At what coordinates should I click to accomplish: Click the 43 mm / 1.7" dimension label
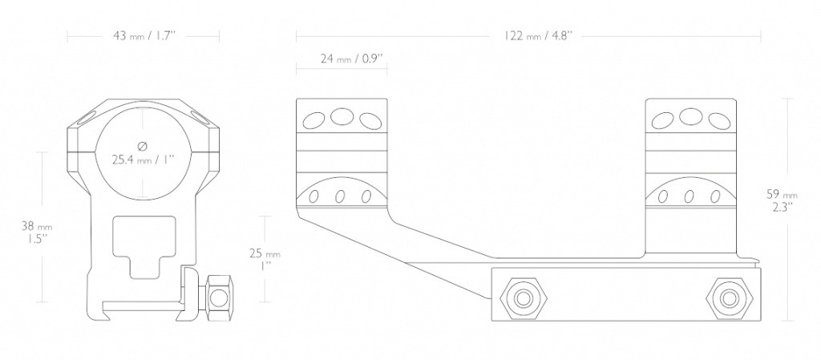point(144,36)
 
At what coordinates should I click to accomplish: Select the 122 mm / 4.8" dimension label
point(538,36)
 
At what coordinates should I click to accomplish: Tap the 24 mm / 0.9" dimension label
point(352,59)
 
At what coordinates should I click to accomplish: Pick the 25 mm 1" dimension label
point(264,260)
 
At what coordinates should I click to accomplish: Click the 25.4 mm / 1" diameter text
point(144,159)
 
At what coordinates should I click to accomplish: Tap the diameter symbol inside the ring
point(143,145)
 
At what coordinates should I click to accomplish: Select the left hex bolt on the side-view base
point(522,298)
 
